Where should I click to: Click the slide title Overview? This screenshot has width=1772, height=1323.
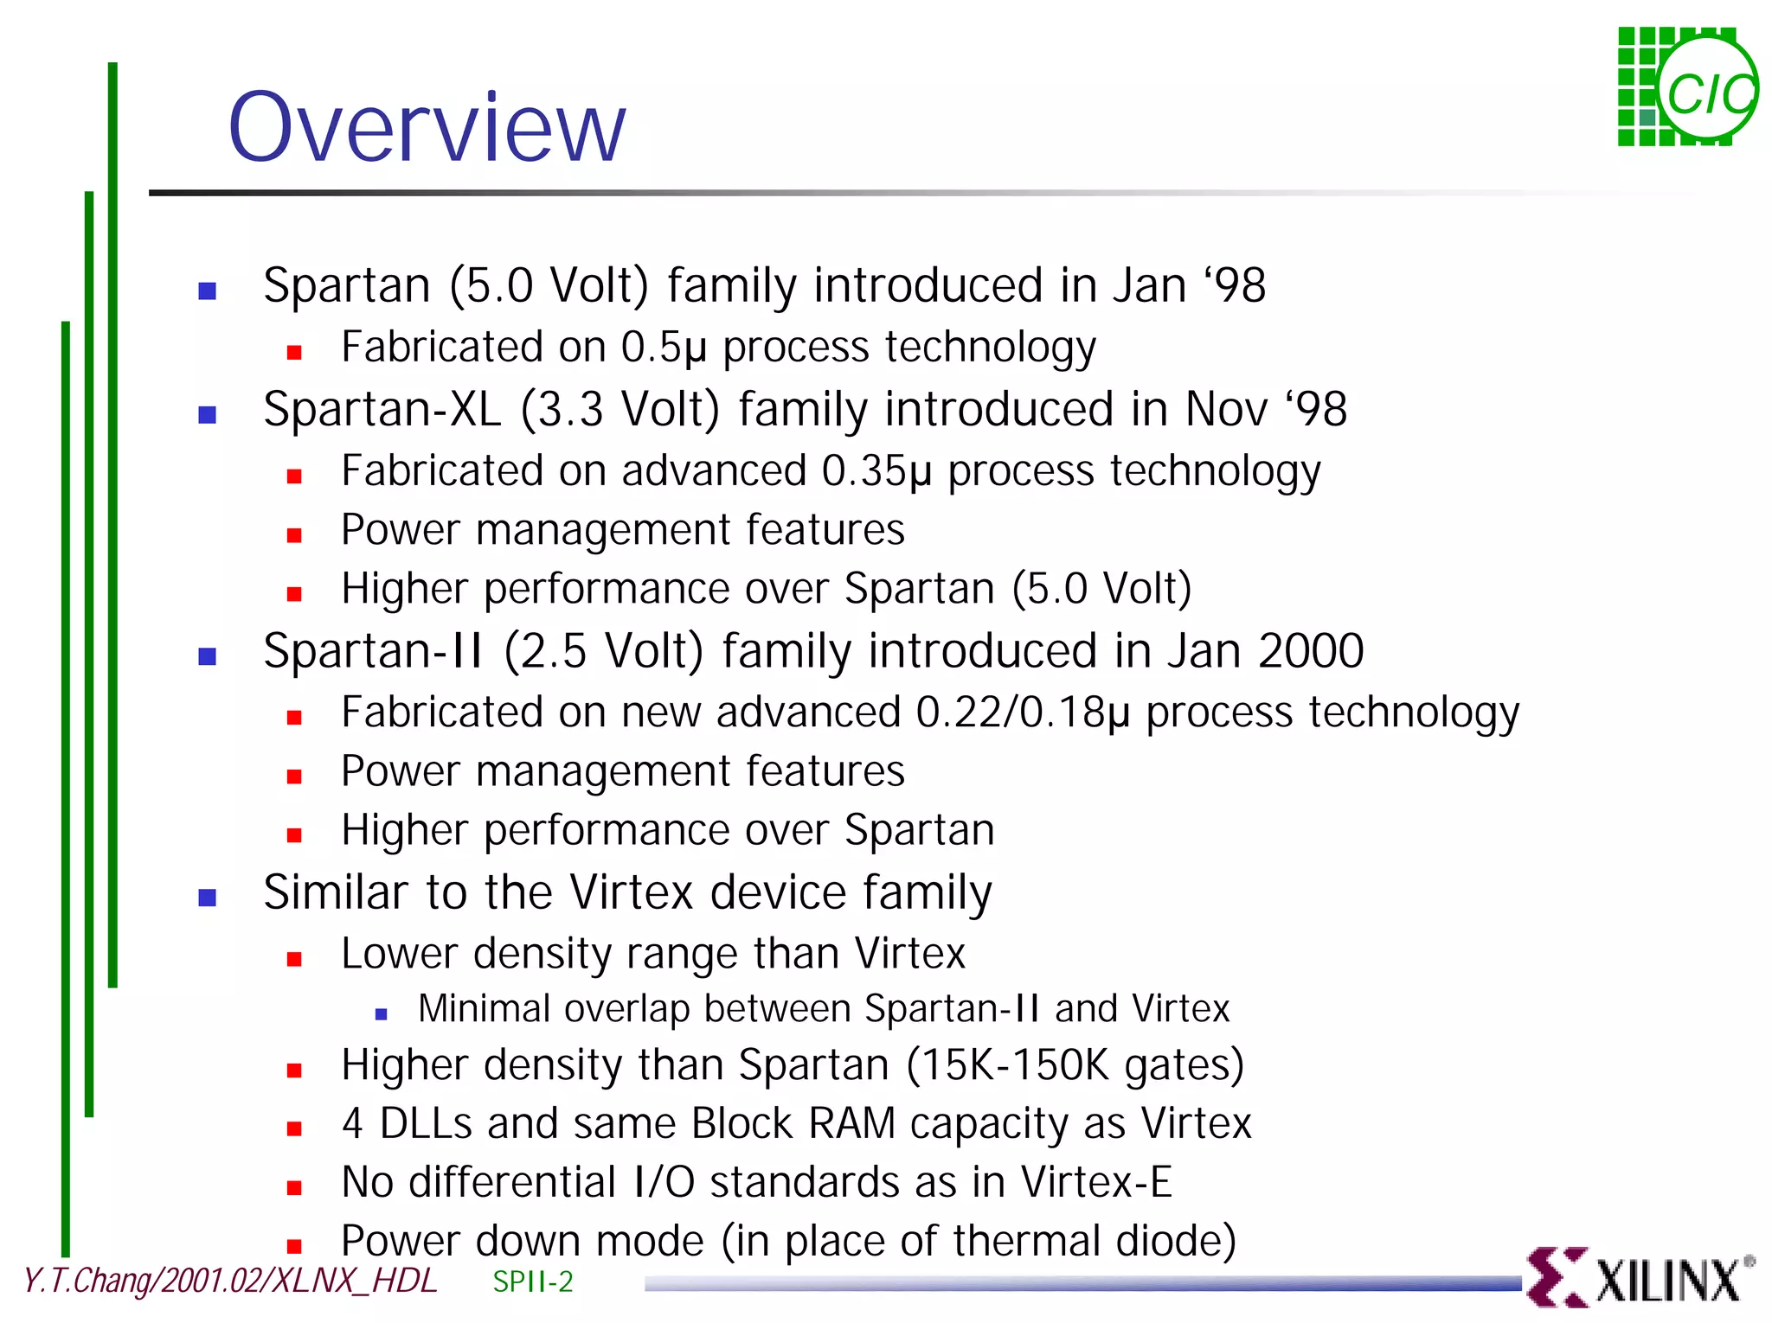(426, 128)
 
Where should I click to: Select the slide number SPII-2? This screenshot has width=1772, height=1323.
(532, 1281)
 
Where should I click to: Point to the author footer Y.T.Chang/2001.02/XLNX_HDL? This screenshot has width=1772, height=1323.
(229, 1281)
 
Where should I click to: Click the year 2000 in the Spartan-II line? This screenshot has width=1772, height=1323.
(1310, 651)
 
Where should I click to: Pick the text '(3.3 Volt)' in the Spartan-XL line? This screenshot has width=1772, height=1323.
(620, 410)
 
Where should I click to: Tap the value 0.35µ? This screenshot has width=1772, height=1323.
(876, 472)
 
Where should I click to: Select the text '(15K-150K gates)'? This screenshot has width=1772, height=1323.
(1075, 1065)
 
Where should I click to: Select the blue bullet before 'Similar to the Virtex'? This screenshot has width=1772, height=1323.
(208, 898)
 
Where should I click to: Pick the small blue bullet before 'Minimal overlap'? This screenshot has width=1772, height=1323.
(381, 1014)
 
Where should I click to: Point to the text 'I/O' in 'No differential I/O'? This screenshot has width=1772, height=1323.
(664, 1182)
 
